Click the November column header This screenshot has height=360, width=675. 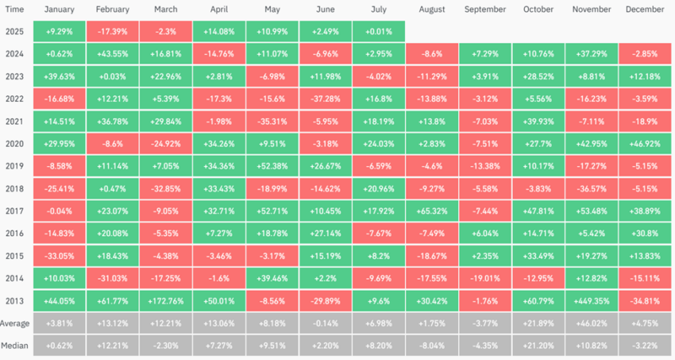point(591,10)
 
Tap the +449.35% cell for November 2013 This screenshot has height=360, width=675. point(591,301)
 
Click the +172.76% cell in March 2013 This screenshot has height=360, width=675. point(165,301)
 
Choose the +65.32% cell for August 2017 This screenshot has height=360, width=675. point(431,211)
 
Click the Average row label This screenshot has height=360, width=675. point(15,324)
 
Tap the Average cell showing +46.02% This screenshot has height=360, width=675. point(591,324)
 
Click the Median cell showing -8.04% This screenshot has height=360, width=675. point(431,346)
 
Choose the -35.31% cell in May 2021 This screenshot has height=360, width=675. point(272,120)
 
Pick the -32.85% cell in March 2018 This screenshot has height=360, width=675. point(165,188)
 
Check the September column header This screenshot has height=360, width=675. point(484,10)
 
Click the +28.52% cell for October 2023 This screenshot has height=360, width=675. point(538,75)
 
